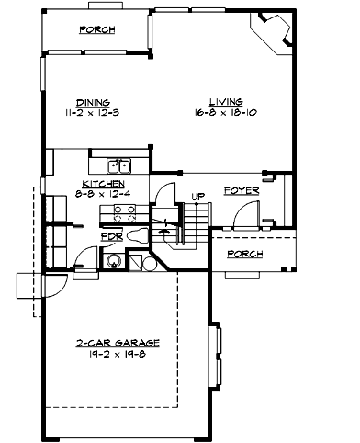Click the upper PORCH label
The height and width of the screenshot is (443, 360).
[97, 29]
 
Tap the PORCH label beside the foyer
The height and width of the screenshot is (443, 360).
[246, 254]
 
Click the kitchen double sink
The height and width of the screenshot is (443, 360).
[118, 166]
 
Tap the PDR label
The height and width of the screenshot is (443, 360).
[110, 235]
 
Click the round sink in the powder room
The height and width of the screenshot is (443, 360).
[115, 260]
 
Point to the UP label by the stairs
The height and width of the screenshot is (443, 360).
[197, 196]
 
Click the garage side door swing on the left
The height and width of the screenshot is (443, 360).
[51, 284]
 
